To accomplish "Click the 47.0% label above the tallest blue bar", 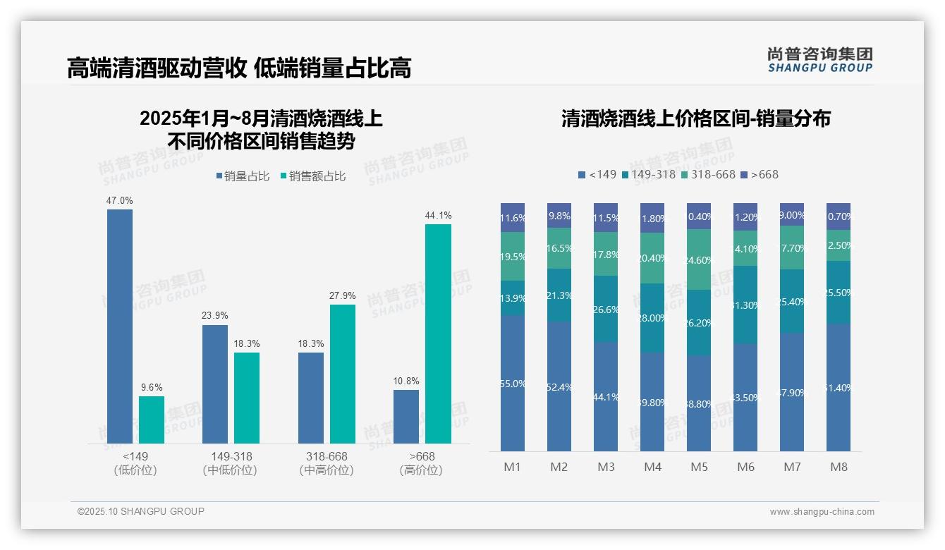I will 119,201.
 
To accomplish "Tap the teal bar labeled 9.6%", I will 151,420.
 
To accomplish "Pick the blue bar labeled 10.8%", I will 406,417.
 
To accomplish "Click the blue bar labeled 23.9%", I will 215,384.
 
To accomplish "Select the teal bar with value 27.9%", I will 343,374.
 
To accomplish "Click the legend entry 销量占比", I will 243,176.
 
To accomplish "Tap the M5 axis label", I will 699,467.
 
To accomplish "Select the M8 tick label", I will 839,467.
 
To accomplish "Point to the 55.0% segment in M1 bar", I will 513,383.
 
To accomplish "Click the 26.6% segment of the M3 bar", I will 606,309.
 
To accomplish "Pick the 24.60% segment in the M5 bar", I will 699,259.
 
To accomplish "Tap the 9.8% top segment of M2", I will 559,216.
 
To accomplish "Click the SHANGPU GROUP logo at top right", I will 819,59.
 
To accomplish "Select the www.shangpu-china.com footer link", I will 822,512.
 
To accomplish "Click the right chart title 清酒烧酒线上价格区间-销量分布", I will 695,118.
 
